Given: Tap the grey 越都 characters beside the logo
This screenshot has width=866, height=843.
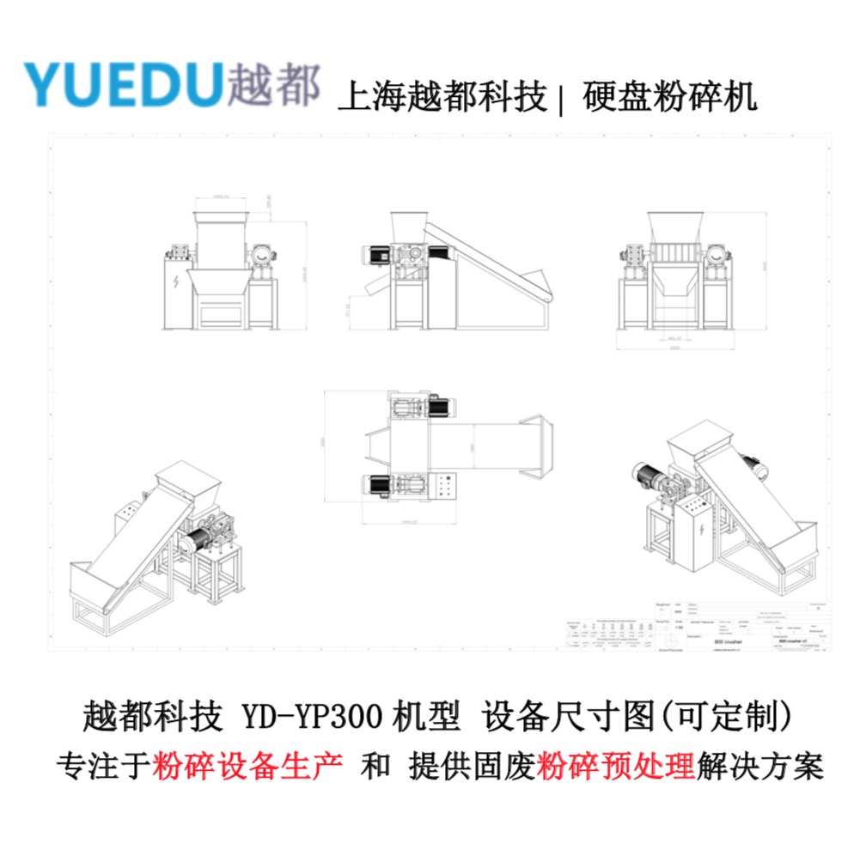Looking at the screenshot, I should [x=274, y=84].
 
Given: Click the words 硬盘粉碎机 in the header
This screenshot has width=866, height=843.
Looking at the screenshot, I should [x=669, y=96].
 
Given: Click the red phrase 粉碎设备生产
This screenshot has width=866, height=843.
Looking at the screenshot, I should [x=248, y=764].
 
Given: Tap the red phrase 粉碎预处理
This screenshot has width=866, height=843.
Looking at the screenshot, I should [x=615, y=764].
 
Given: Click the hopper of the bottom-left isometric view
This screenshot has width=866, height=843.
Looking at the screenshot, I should [x=186, y=476].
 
